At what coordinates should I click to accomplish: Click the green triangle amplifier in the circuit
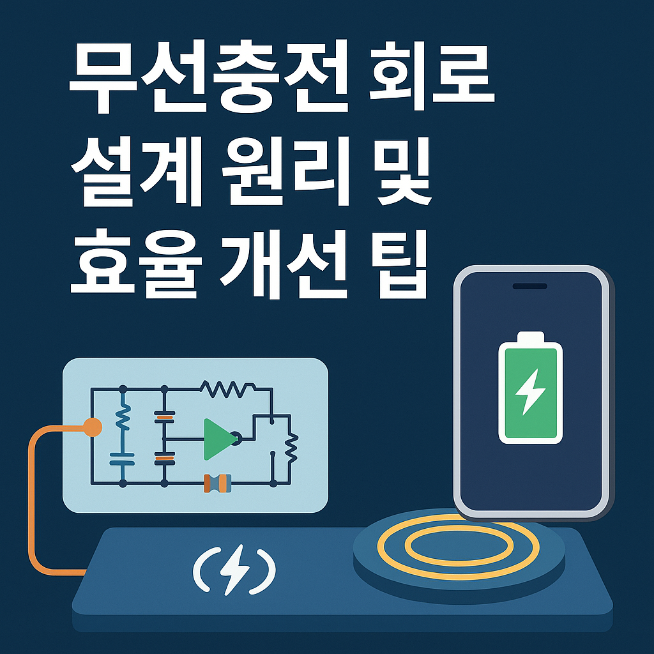pyautogui.click(x=217, y=439)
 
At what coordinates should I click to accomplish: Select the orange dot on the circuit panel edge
pyautogui.click(x=93, y=427)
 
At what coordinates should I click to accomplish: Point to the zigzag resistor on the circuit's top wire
pyautogui.click(x=227, y=387)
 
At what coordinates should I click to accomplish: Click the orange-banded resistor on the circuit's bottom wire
pyautogui.click(x=217, y=483)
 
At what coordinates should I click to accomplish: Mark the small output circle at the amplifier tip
pyautogui.click(x=236, y=439)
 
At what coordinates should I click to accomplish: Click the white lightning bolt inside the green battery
pyautogui.click(x=529, y=392)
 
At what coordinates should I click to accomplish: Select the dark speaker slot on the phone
pyautogui.click(x=530, y=285)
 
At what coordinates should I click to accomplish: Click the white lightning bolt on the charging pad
pyautogui.click(x=234, y=566)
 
